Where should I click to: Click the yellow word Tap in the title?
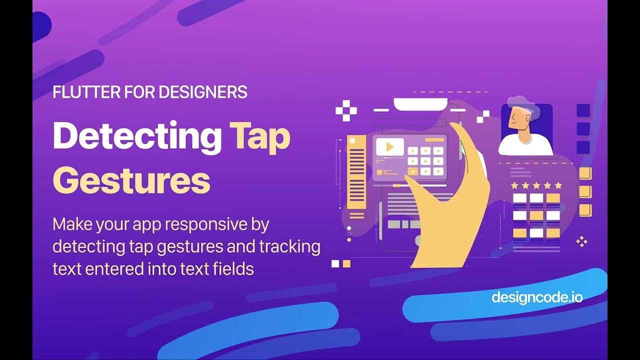tap(260, 136)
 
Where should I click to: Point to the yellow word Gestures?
tap(131, 180)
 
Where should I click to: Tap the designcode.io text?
tap(537, 297)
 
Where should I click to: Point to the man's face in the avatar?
tap(518, 119)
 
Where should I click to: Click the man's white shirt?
tap(525, 145)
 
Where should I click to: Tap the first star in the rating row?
tap(515, 185)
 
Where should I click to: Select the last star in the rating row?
tap(558, 185)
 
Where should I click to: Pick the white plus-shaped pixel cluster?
tap(346, 110)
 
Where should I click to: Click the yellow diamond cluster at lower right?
tap(581, 242)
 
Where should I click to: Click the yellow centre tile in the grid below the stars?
tap(536, 215)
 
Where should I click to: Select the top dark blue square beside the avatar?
tap(583, 110)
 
